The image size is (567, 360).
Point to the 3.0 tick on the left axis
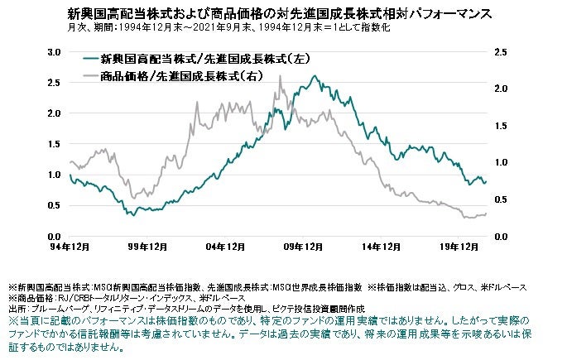coord(54,51)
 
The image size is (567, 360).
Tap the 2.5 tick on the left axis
coord(54,83)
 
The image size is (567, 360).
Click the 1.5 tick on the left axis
coord(54,144)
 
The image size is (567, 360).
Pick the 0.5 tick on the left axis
coord(54,206)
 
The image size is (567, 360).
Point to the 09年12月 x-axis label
coord(304,247)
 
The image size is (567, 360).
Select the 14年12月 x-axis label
coord(382,247)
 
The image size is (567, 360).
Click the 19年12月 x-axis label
coord(459,247)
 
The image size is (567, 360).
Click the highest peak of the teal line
coord(315,76)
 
